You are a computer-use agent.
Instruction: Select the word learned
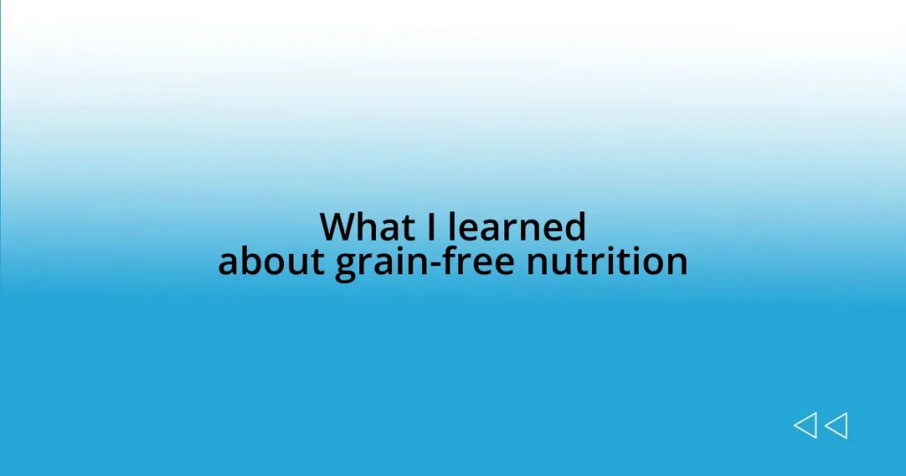click(517, 227)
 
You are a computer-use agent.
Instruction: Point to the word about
click(272, 262)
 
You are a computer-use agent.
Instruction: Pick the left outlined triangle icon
click(805, 426)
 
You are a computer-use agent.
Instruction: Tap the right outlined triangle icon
click(836, 426)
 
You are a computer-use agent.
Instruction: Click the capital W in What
click(337, 227)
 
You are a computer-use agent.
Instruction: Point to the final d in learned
click(575, 227)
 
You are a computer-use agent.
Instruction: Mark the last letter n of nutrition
click(677, 264)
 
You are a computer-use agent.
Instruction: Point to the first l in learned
click(451, 227)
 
